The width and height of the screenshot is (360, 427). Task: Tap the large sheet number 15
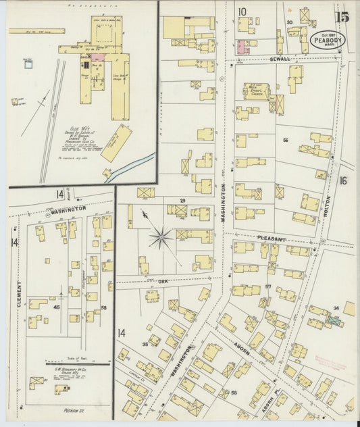[343, 14]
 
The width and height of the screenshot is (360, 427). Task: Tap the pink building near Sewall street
[241, 47]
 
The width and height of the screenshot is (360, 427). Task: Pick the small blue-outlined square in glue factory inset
[28, 64]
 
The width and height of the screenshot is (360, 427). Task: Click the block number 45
[57, 307]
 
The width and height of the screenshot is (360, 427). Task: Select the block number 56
[286, 140]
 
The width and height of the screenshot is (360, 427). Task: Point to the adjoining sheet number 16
[342, 180]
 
